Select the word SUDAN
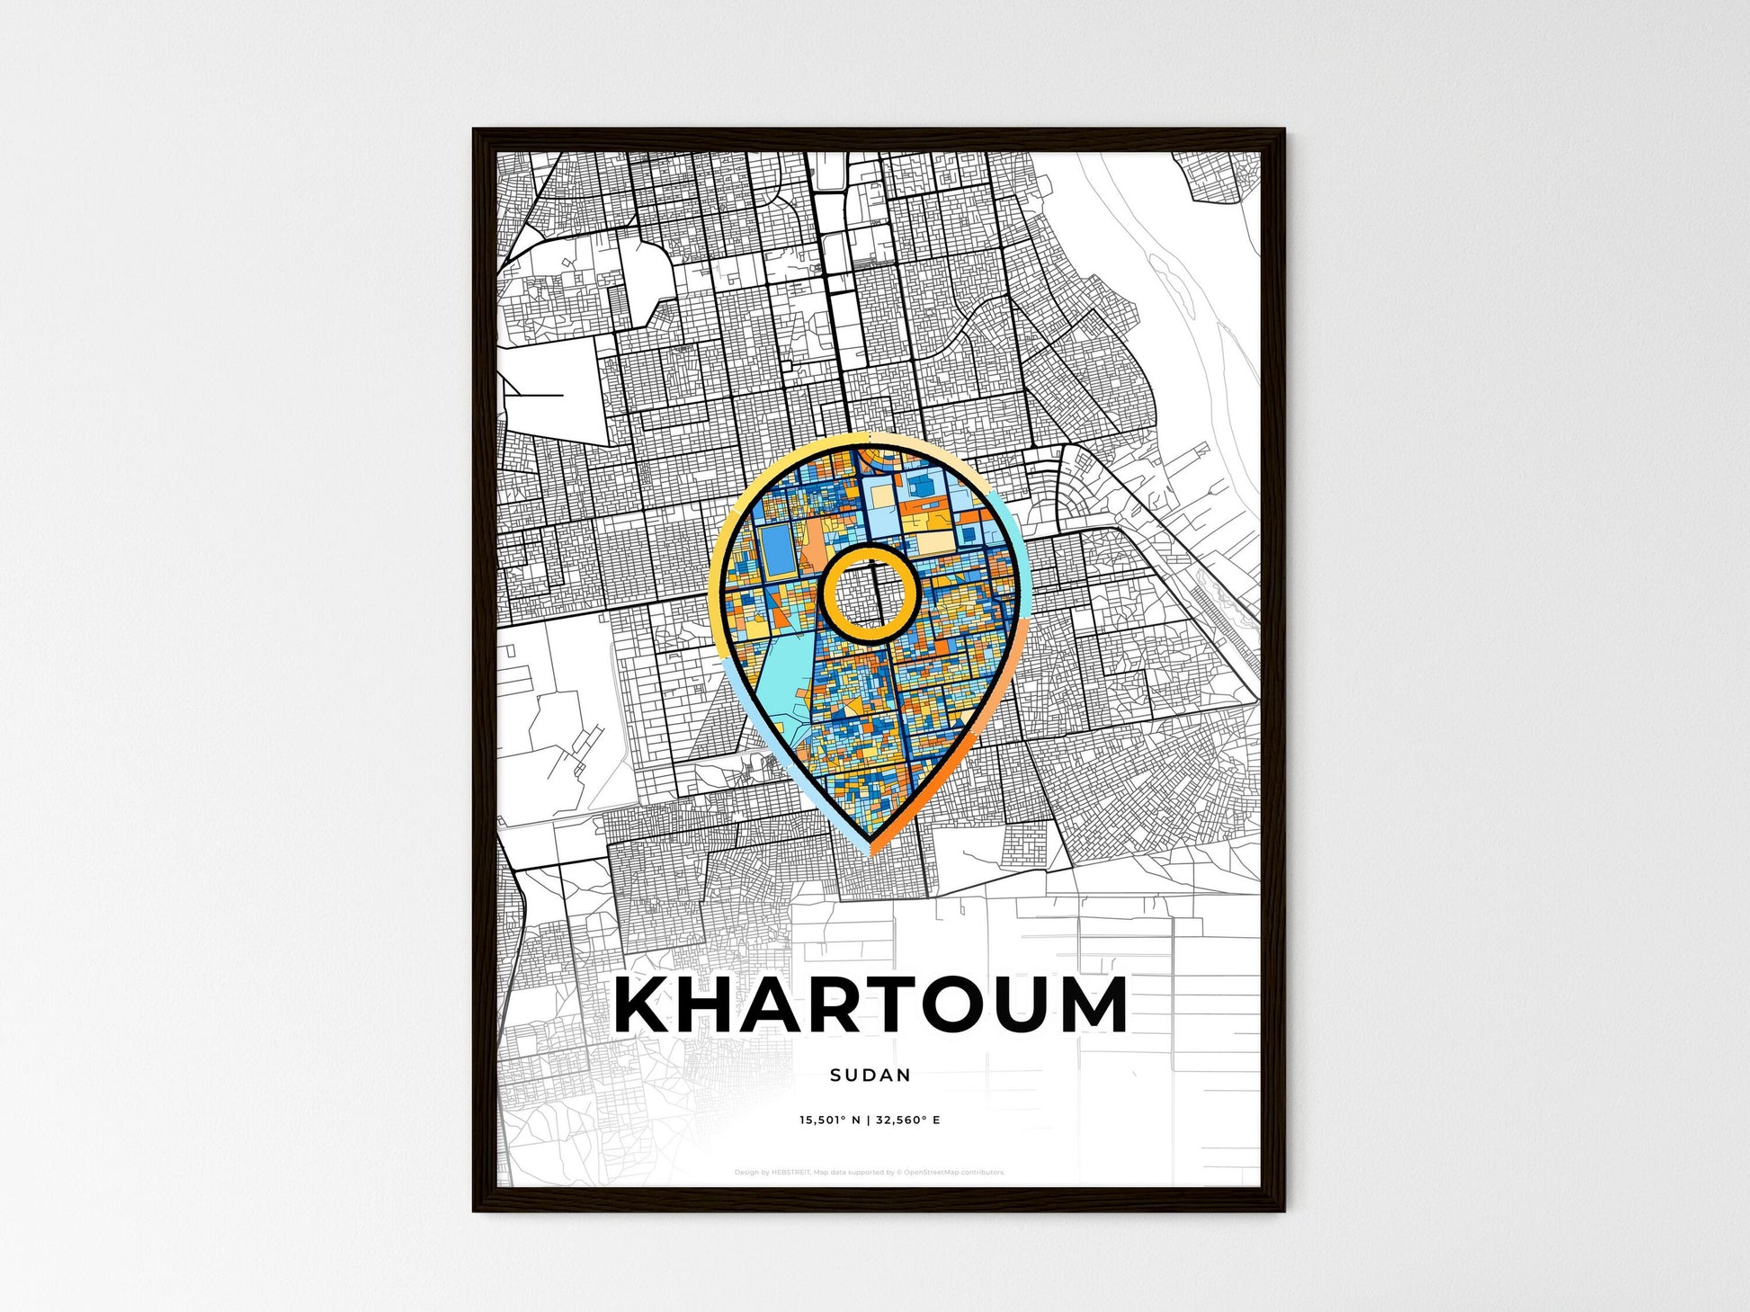pos(871,1075)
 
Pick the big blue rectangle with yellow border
pos(773,543)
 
